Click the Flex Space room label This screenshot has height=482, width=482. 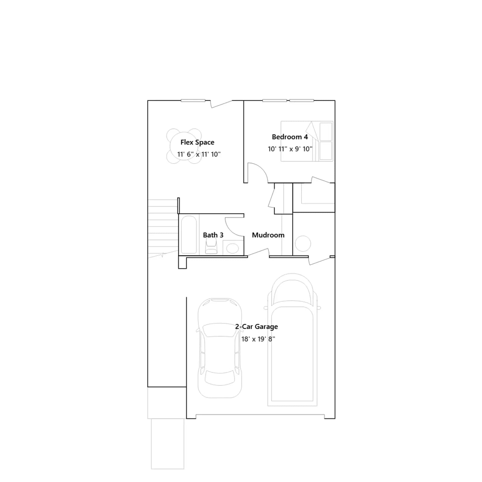point(197,142)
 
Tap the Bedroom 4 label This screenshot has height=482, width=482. point(290,137)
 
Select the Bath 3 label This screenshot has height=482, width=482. point(213,235)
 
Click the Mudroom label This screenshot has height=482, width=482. point(268,235)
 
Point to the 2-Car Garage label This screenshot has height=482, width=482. point(256,327)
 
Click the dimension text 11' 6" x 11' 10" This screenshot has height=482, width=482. point(199,154)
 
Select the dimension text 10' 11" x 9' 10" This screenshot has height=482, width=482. point(290,149)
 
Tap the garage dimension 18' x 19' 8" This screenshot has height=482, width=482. point(258,339)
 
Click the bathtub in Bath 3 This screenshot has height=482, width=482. point(189,235)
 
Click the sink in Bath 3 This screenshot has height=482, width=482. point(232,249)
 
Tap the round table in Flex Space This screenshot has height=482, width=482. point(184,146)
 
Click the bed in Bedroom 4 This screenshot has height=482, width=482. point(307,141)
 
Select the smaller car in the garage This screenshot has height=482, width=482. point(220,348)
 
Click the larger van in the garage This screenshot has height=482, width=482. point(292,340)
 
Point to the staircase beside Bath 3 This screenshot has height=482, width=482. point(163,228)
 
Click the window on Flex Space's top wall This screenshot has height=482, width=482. point(193,100)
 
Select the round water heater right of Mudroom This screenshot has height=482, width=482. point(303,243)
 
